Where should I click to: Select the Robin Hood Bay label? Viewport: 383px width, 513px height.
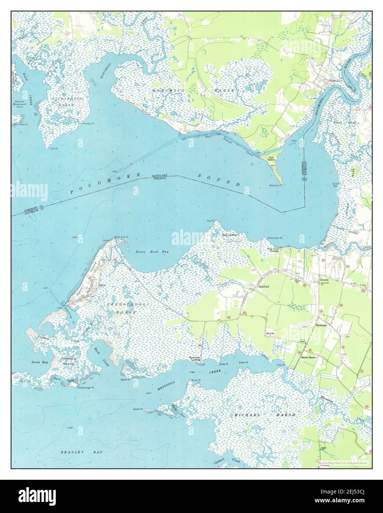154,252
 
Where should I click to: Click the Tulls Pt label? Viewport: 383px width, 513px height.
54,148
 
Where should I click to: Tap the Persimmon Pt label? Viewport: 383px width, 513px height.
274,238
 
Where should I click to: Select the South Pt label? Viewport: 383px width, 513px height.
138,409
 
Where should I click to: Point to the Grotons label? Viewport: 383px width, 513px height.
324,280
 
